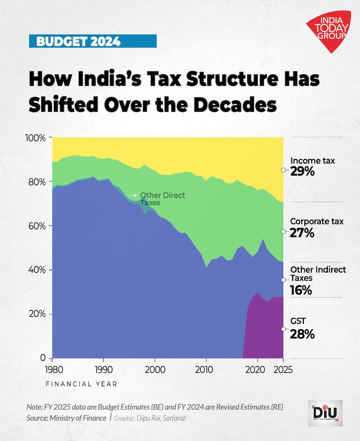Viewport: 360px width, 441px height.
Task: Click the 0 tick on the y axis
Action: pyautogui.click(x=43, y=358)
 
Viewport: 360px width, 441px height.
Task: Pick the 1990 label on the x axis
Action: pyautogui.click(x=103, y=370)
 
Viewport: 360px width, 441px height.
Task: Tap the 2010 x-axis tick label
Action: pyautogui.click(x=206, y=370)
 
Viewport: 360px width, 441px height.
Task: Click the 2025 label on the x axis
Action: pyautogui.click(x=283, y=370)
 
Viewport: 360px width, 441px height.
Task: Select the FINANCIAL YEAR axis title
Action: pyautogui.click(x=81, y=384)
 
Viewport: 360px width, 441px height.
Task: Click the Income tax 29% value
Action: pyautogui.click(x=302, y=171)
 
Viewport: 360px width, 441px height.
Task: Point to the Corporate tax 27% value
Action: pyautogui.click(x=302, y=233)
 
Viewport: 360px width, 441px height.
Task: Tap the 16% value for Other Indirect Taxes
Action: pyautogui.click(x=301, y=290)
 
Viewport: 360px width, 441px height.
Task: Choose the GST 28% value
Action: pyautogui.click(x=302, y=334)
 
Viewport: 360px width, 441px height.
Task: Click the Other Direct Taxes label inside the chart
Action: pyautogui.click(x=162, y=199)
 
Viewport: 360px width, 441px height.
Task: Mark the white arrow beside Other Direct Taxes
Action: pyautogui.click(x=132, y=195)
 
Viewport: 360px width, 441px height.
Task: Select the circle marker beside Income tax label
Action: pyautogui.click(x=284, y=170)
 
